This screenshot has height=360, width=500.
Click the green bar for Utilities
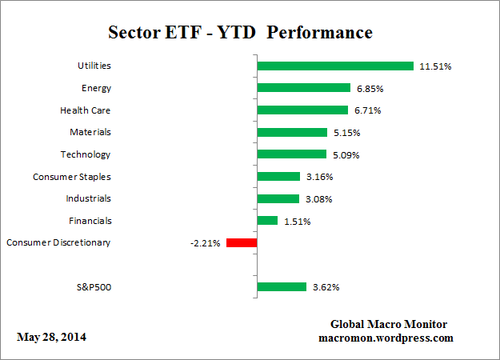click(334, 66)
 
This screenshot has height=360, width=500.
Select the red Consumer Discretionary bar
click(242, 242)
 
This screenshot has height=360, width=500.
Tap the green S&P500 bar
click(281, 286)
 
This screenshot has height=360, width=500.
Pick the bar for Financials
click(266, 221)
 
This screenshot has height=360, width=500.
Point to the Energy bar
click(303, 88)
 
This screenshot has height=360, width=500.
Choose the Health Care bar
click(302, 110)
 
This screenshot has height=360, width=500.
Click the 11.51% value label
click(435, 66)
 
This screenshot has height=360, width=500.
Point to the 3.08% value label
click(318, 198)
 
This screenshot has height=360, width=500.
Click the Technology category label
click(86, 154)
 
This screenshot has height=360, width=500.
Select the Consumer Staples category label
click(72, 177)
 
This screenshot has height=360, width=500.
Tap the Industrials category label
click(89, 198)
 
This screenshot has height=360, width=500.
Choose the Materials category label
click(90, 132)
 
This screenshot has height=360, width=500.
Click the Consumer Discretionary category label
click(58, 242)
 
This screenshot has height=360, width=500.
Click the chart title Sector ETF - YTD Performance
click(240, 33)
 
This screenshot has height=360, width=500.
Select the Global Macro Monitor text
click(390, 324)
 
